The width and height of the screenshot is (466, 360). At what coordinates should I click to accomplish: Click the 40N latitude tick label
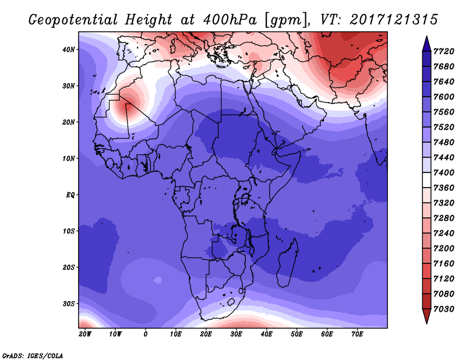tap(68, 50)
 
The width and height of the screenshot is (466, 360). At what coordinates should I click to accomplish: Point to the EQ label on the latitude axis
tap(70, 195)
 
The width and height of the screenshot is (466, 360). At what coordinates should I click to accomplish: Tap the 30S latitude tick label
tap(68, 304)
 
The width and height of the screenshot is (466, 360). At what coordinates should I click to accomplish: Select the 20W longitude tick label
tap(85, 334)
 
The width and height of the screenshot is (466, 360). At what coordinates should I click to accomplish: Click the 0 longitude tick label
tap(145, 334)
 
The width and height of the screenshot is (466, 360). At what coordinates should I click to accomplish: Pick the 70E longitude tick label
tap(357, 334)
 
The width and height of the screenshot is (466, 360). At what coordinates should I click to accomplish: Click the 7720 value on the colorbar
tap(444, 51)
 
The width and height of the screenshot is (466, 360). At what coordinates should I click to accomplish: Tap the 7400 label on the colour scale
tap(444, 172)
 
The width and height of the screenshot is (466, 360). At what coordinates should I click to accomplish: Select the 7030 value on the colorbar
tap(444, 309)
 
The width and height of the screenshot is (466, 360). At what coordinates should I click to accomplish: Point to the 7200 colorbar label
tap(444, 249)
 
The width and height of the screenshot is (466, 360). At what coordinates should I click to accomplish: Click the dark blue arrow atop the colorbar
tap(426, 44)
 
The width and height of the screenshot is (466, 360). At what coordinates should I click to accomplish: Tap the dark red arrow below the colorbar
tap(426, 316)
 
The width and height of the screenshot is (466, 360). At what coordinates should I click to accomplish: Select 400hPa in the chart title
tap(230, 20)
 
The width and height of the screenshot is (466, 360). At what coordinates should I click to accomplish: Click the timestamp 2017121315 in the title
tap(394, 20)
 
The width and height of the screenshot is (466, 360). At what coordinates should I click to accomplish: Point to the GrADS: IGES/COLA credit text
tap(33, 356)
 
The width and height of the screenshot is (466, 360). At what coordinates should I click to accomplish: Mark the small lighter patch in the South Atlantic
tap(157, 280)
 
